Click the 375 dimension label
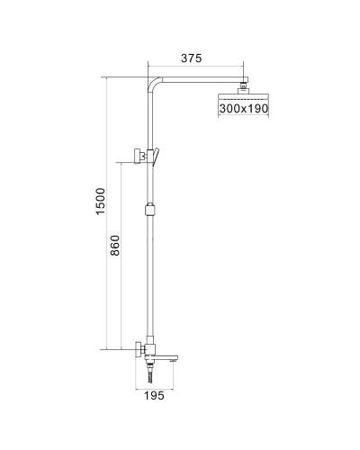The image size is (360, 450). pyautogui.click(x=190, y=58)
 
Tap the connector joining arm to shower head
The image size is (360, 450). pyautogui.click(x=243, y=87)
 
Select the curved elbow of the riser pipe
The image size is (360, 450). pyautogui.click(x=151, y=85)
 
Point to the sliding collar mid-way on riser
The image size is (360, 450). pyautogui.click(x=148, y=213)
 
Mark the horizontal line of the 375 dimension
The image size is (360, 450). pyautogui.click(x=194, y=67)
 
